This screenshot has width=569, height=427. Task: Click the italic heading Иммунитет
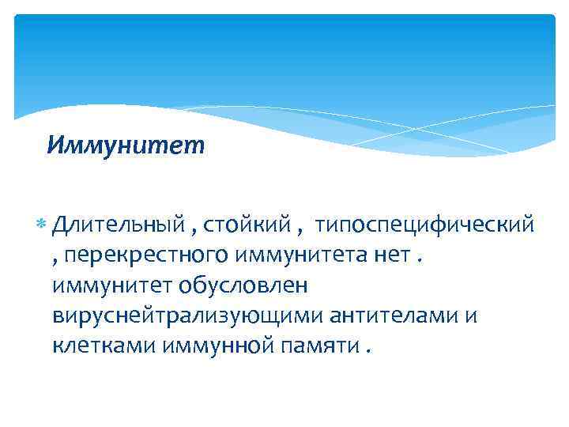(125, 145)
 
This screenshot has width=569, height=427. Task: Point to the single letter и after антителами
(473, 315)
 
